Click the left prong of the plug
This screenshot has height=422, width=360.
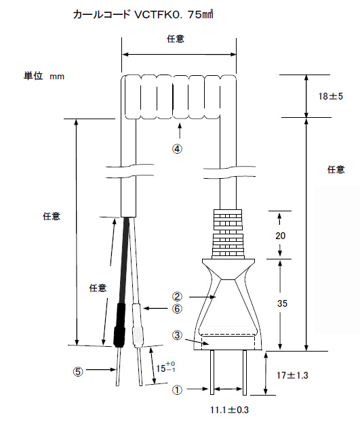coord(214,373)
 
